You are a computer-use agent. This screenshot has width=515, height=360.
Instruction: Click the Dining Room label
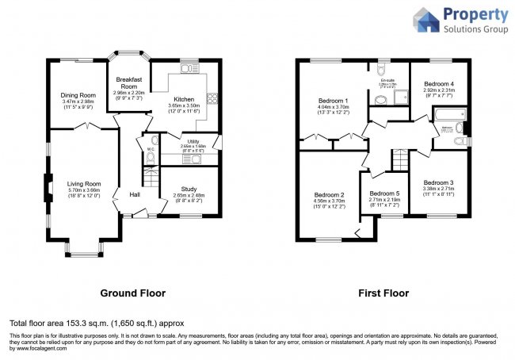[78, 95]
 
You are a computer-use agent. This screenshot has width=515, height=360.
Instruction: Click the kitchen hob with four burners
[212, 99]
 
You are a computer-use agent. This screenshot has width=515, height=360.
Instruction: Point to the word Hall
[135, 194]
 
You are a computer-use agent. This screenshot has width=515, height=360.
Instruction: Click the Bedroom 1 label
[334, 101]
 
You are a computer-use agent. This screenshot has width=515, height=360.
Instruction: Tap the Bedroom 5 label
[384, 193]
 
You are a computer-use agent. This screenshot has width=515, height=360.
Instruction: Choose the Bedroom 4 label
[438, 84]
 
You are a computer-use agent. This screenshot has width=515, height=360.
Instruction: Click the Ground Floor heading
[132, 293]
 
